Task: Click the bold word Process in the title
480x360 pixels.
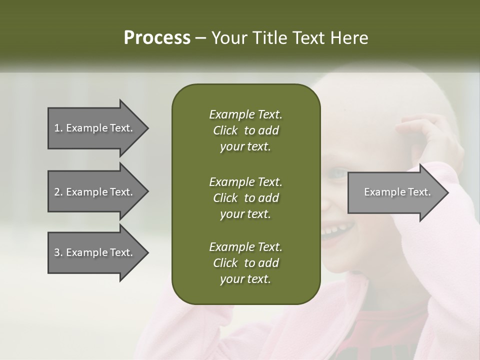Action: [x=157, y=38]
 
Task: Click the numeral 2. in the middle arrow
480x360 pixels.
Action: [x=58, y=192]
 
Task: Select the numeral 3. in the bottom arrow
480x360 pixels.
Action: [x=58, y=252]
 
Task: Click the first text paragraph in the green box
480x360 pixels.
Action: [x=245, y=130]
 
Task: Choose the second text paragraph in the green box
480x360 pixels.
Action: [x=245, y=197]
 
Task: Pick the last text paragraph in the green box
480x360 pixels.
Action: [x=245, y=263]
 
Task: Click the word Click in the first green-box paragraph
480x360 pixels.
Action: [x=225, y=130]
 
